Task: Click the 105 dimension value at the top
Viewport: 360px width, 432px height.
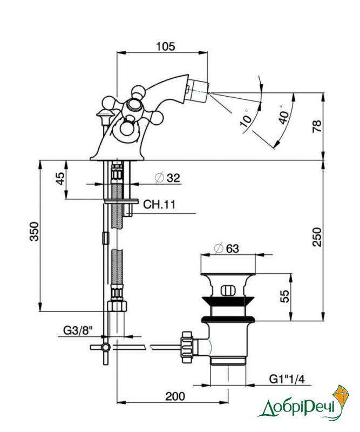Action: coord(166,46)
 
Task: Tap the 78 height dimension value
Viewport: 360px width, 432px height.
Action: coord(317,126)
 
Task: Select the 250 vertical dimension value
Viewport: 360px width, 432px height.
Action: coord(317,237)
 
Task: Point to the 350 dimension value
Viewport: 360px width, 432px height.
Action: coord(35,231)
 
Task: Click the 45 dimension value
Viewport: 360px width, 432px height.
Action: coord(61,178)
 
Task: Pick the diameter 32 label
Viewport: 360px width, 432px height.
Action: coord(167,178)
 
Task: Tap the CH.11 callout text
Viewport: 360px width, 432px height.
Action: coord(159,205)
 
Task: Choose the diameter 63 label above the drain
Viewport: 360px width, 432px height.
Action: coord(226,248)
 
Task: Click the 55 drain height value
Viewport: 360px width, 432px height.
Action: coord(285,296)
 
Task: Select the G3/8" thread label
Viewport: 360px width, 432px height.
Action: coord(78,330)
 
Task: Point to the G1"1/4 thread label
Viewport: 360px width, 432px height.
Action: coord(287,380)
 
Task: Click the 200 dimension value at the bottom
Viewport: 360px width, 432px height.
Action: coord(175,396)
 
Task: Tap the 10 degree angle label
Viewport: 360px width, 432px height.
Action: coord(246,119)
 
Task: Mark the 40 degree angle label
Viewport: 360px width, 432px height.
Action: coord(283,116)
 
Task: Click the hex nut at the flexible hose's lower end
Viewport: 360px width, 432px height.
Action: coord(117,306)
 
